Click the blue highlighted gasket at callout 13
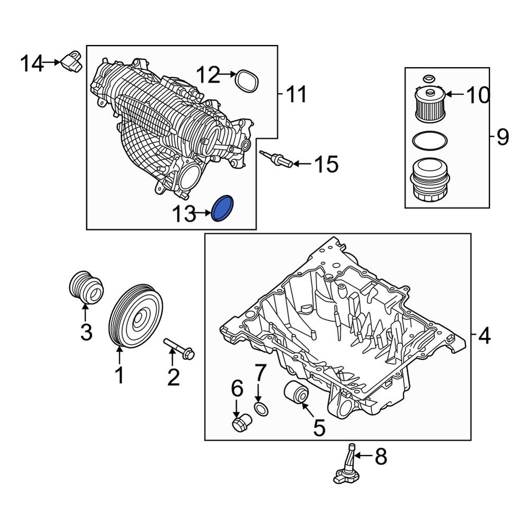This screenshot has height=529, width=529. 223,208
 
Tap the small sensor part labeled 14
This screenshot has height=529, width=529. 72,60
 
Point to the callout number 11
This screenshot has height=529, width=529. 296,95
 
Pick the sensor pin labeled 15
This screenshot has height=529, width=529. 275,159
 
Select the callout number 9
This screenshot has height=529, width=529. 502,138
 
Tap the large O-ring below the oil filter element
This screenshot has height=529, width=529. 430,141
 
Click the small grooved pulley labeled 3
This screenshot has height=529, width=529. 86,287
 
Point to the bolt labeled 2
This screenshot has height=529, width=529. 180,349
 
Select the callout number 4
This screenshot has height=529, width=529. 484,335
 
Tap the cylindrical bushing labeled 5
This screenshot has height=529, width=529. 295,393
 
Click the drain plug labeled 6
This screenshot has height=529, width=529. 241,423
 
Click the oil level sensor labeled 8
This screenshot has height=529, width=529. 348,466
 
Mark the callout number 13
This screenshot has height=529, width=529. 183,214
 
